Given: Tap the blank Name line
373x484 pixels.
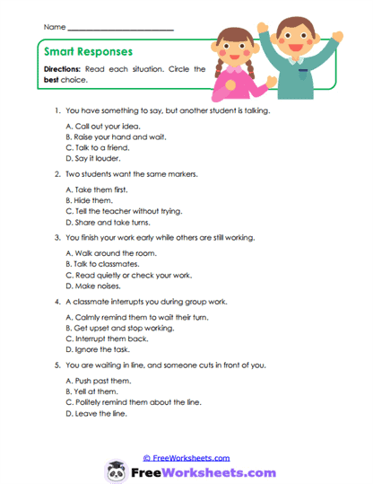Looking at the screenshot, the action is click(120, 30).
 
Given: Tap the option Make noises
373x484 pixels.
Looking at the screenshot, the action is click(98, 286).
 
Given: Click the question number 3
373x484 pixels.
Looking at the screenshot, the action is click(57, 238).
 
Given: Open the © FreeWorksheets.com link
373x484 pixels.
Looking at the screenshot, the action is click(186, 457).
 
